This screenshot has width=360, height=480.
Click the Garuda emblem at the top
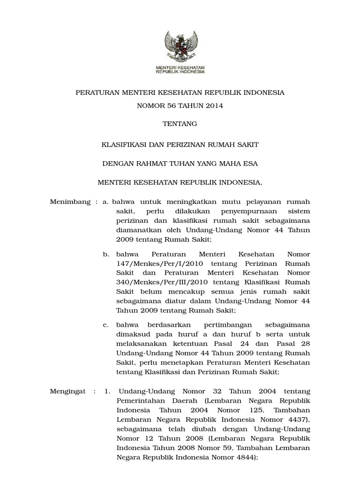(180, 45)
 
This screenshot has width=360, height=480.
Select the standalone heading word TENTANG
(180, 124)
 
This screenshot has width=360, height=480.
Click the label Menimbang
(70, 202)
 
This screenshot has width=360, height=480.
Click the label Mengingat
(68, 391)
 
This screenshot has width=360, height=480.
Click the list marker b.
(106, 254)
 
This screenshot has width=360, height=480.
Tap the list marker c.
(106, 325)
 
